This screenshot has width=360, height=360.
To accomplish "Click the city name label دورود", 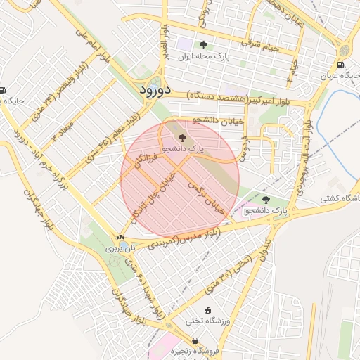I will coord(150,89).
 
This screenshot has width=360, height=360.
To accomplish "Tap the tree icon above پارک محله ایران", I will coord(204,44).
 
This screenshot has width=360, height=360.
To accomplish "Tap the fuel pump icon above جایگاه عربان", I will coord(341,65).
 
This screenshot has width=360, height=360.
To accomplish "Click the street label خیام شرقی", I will coord(260,45).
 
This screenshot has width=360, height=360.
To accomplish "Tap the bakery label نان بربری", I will coord(114,248).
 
